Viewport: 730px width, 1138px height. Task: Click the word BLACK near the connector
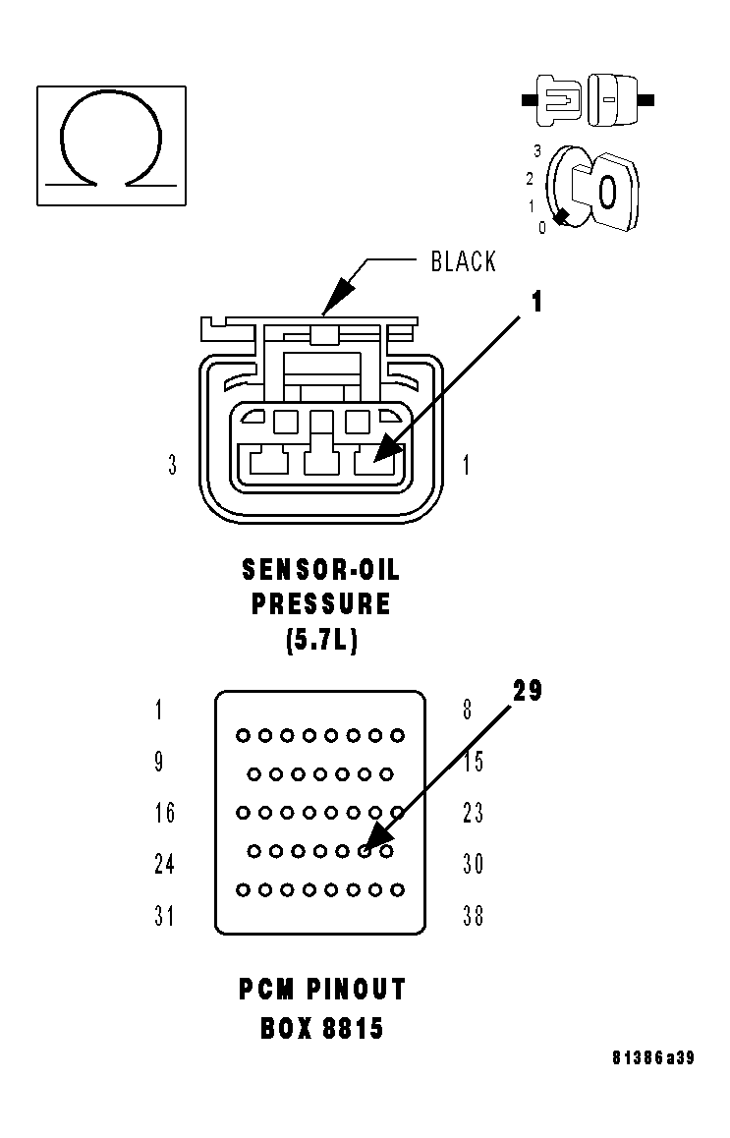(464, 261)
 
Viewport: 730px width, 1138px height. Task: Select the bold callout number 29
(527, 691)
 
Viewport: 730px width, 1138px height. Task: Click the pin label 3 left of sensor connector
(173, 465)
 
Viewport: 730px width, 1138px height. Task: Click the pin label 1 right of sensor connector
(466, 465)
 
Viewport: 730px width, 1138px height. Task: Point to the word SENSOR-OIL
(321, 570)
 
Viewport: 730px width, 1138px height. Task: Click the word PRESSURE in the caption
(321, 604)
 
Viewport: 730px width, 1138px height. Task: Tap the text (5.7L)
(321, 641)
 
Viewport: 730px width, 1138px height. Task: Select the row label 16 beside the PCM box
(164, 813)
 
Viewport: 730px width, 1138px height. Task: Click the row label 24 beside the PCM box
(164, 864)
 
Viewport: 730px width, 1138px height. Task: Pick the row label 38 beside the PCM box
(473, 916)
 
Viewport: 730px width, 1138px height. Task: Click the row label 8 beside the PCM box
(466, 710)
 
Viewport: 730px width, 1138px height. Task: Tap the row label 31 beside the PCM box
(164, 916)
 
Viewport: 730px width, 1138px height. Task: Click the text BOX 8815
(321, 1028)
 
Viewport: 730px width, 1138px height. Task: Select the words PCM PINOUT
(321, 989)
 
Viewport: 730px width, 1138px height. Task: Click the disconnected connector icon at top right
(588, 100)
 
